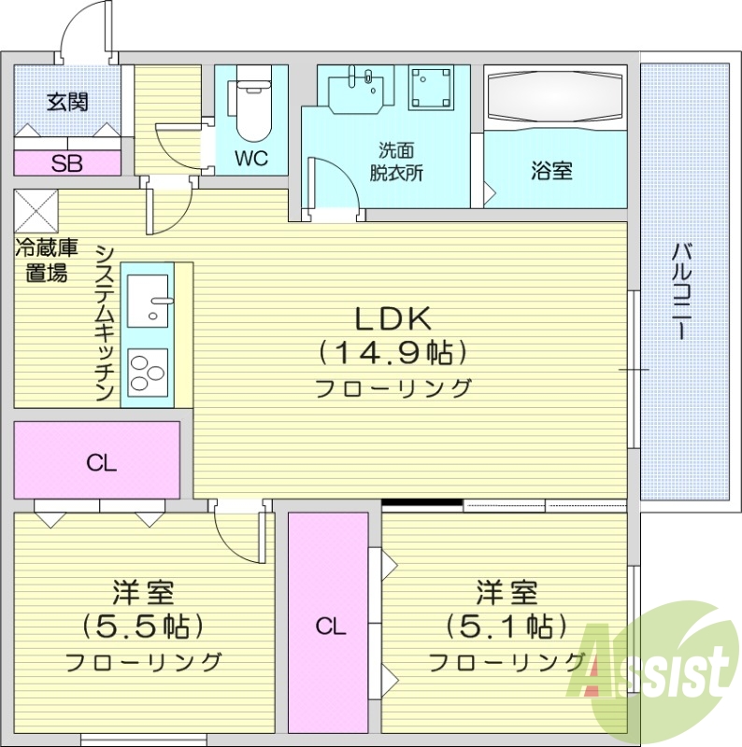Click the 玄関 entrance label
67,102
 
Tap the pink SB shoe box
66,163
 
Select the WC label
250,159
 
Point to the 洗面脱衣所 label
396,162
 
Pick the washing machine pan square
433,89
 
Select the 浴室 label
551,171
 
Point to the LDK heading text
392,319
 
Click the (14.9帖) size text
392,353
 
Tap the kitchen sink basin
147,300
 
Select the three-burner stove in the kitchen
147,373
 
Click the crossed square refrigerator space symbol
36,211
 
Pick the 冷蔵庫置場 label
45,261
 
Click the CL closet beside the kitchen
97,461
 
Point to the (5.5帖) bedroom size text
143,625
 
